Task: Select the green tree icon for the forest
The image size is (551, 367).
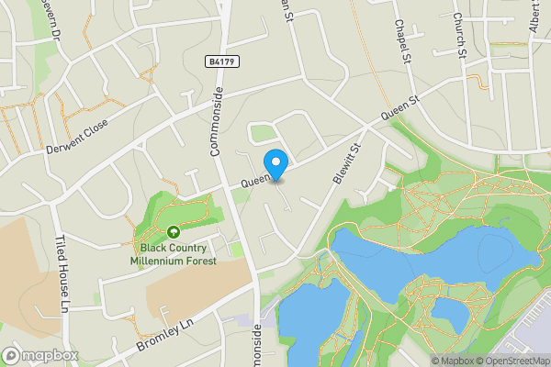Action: point(174,233)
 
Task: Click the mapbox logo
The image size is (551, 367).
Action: point(40,355)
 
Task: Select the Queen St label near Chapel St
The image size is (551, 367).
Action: point(400,111)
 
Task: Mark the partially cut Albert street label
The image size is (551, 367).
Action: point(535,18)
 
